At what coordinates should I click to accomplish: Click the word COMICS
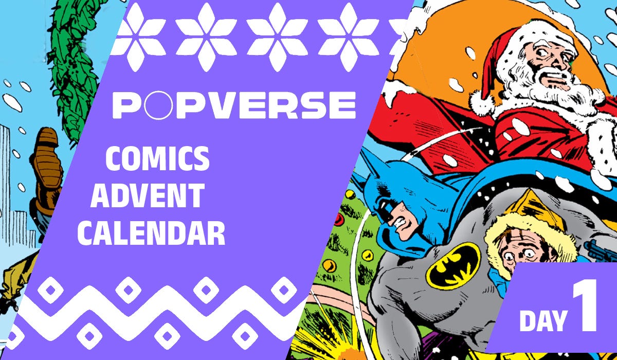coord(157,159)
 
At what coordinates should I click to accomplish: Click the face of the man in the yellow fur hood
coord(519,247)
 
